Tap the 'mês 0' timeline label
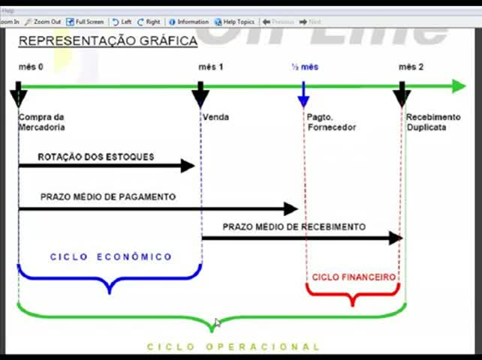click(x=31, y=67)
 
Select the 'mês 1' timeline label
click(x=211, y=67)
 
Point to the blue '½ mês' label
click(x=305, y=67)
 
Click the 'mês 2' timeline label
click(x=411, y=67)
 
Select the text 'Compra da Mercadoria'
click(x=41, y=122)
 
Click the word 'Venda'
click(x=215, y=117)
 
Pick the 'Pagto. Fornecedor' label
click(x=331, y=122)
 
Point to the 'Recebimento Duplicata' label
click(x=433, y=122)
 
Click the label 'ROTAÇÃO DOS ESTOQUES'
click(x=96, y=157)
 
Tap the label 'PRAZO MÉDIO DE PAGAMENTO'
click(x=108, y=196)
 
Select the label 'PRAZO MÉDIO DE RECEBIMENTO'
click(x=294, y=226)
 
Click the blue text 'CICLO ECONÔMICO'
click(x=111, y=256)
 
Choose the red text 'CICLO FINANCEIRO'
click(x=354, y=277)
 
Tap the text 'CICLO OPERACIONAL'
click(x=233, y=346)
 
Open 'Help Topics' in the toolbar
click(x=235, y=22)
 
